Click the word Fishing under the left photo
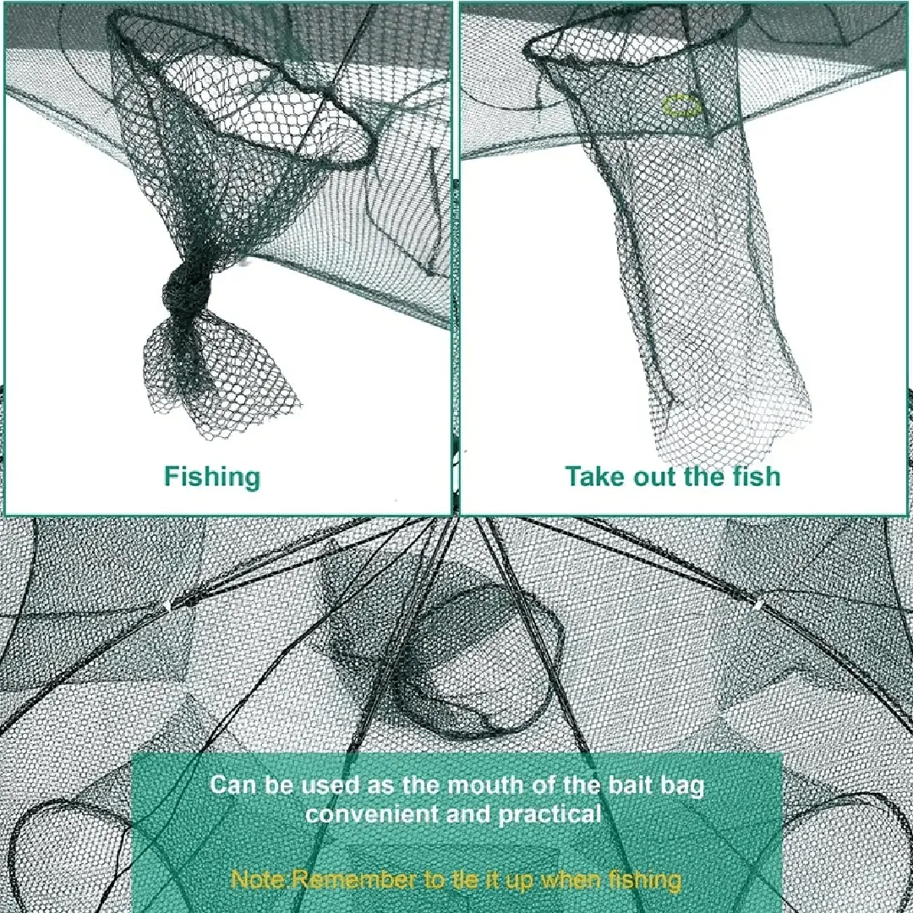[212, 477]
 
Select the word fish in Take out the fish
[755, 476]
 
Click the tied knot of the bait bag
[184, 290]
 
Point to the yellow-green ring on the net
[682, 107]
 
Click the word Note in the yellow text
[259, 878]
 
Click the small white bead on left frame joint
[167, 607]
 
